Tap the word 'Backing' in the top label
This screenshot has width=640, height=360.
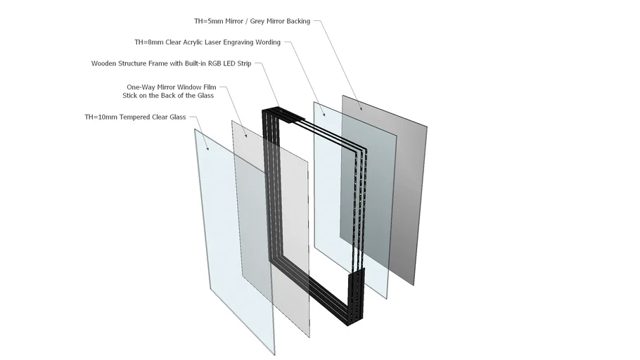(x=294, y=21)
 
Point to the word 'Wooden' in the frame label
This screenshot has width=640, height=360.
(x=105, y=63)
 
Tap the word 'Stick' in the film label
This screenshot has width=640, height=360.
(x=132, y=95)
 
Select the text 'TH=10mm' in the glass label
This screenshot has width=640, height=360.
(x=99, y=117)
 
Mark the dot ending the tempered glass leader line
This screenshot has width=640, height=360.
(x=208, y=149)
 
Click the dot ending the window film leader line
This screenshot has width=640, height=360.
(x=245, y=136)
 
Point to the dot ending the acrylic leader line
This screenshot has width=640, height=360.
(x=324, y=113)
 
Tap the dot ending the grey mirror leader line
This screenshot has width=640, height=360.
(x=361, y=108)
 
